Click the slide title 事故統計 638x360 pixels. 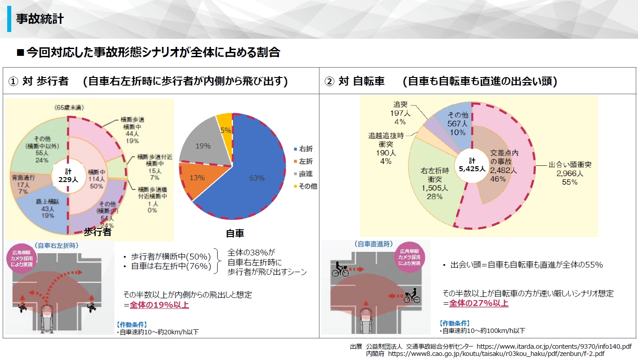coord(40,19)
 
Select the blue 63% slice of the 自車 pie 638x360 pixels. coord(257,178)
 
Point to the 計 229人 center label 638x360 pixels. coord(68,175)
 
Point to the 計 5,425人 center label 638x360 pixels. coord(472,165)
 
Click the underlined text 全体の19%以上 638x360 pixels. coord(159,305)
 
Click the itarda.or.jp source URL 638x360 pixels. coord(554,346)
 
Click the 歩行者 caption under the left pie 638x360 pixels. coord(97,232)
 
